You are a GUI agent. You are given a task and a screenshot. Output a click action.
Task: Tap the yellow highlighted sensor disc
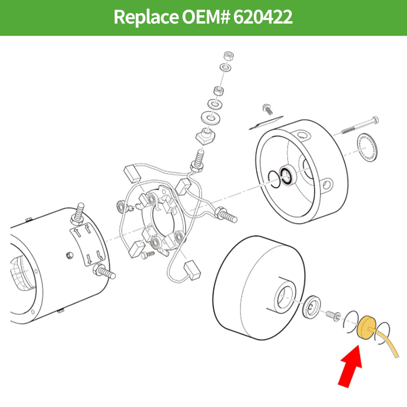click(x=366, y=329)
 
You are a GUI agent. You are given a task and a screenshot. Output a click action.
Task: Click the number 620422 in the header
click(x=263, y=17)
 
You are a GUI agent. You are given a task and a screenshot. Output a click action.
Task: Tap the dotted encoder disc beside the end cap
click(x=366, y=148)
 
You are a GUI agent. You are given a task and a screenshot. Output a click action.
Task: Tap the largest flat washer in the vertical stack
click(x=211, y=117)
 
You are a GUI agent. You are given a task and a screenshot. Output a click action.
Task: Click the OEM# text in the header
click(x=206, y=17)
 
